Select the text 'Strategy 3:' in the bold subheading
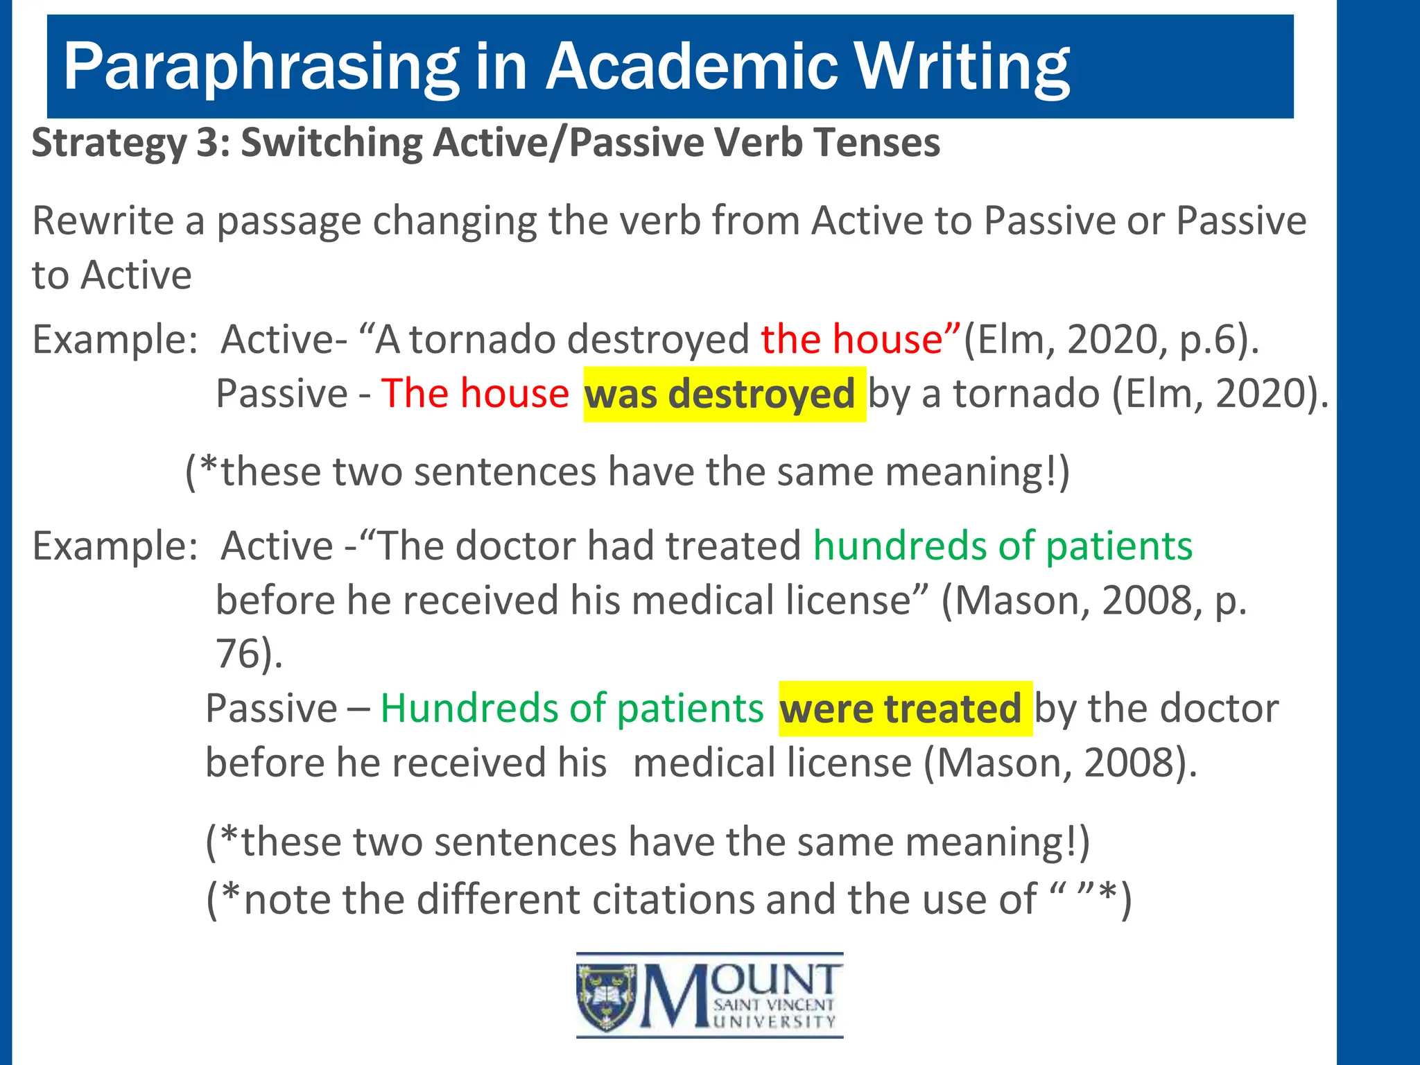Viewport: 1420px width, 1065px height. click(x=131, y=143)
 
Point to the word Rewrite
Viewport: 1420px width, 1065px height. click(x=102, y=221)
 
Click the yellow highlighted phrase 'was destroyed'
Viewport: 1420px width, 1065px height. click(x=724, y=394)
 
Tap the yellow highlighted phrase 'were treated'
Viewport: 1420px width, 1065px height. click(x=905, y=709)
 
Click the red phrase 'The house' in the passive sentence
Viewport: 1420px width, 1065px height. click(x=475, y=394)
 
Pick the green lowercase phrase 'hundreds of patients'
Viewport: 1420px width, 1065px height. click(x=1003, y=546)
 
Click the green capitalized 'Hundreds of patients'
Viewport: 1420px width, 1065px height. click(x=572, y=709)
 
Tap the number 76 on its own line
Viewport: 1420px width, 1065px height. click(x=238, y=653)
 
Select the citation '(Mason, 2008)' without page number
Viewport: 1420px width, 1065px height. click(x=1060, y=763)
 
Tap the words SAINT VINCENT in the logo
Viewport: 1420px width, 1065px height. click(x=774, y=1005)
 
